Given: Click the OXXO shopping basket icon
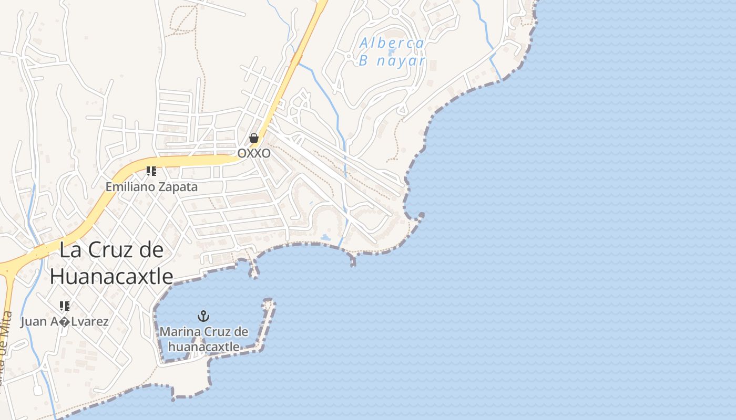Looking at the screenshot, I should pos(254,138).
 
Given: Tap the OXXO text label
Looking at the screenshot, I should pos(254,153).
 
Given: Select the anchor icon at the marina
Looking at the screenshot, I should pos(203,316).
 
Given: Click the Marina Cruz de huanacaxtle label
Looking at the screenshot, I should pos(203,339).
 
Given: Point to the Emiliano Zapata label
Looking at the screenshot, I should pos(151,187).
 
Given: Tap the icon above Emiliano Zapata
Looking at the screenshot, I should pos(151,171).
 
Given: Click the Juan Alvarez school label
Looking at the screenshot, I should pos(65,321).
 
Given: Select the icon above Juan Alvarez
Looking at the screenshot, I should pos(65,306).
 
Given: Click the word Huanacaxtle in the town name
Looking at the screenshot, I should pos(111,276).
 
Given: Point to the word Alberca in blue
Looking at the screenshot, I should pos(392,44).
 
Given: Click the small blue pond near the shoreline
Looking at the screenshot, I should pos(325,238).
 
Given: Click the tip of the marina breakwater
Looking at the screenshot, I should pos(269,303).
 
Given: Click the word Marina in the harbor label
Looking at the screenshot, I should pos(179,332).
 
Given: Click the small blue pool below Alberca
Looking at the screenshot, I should pos(391,52).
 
